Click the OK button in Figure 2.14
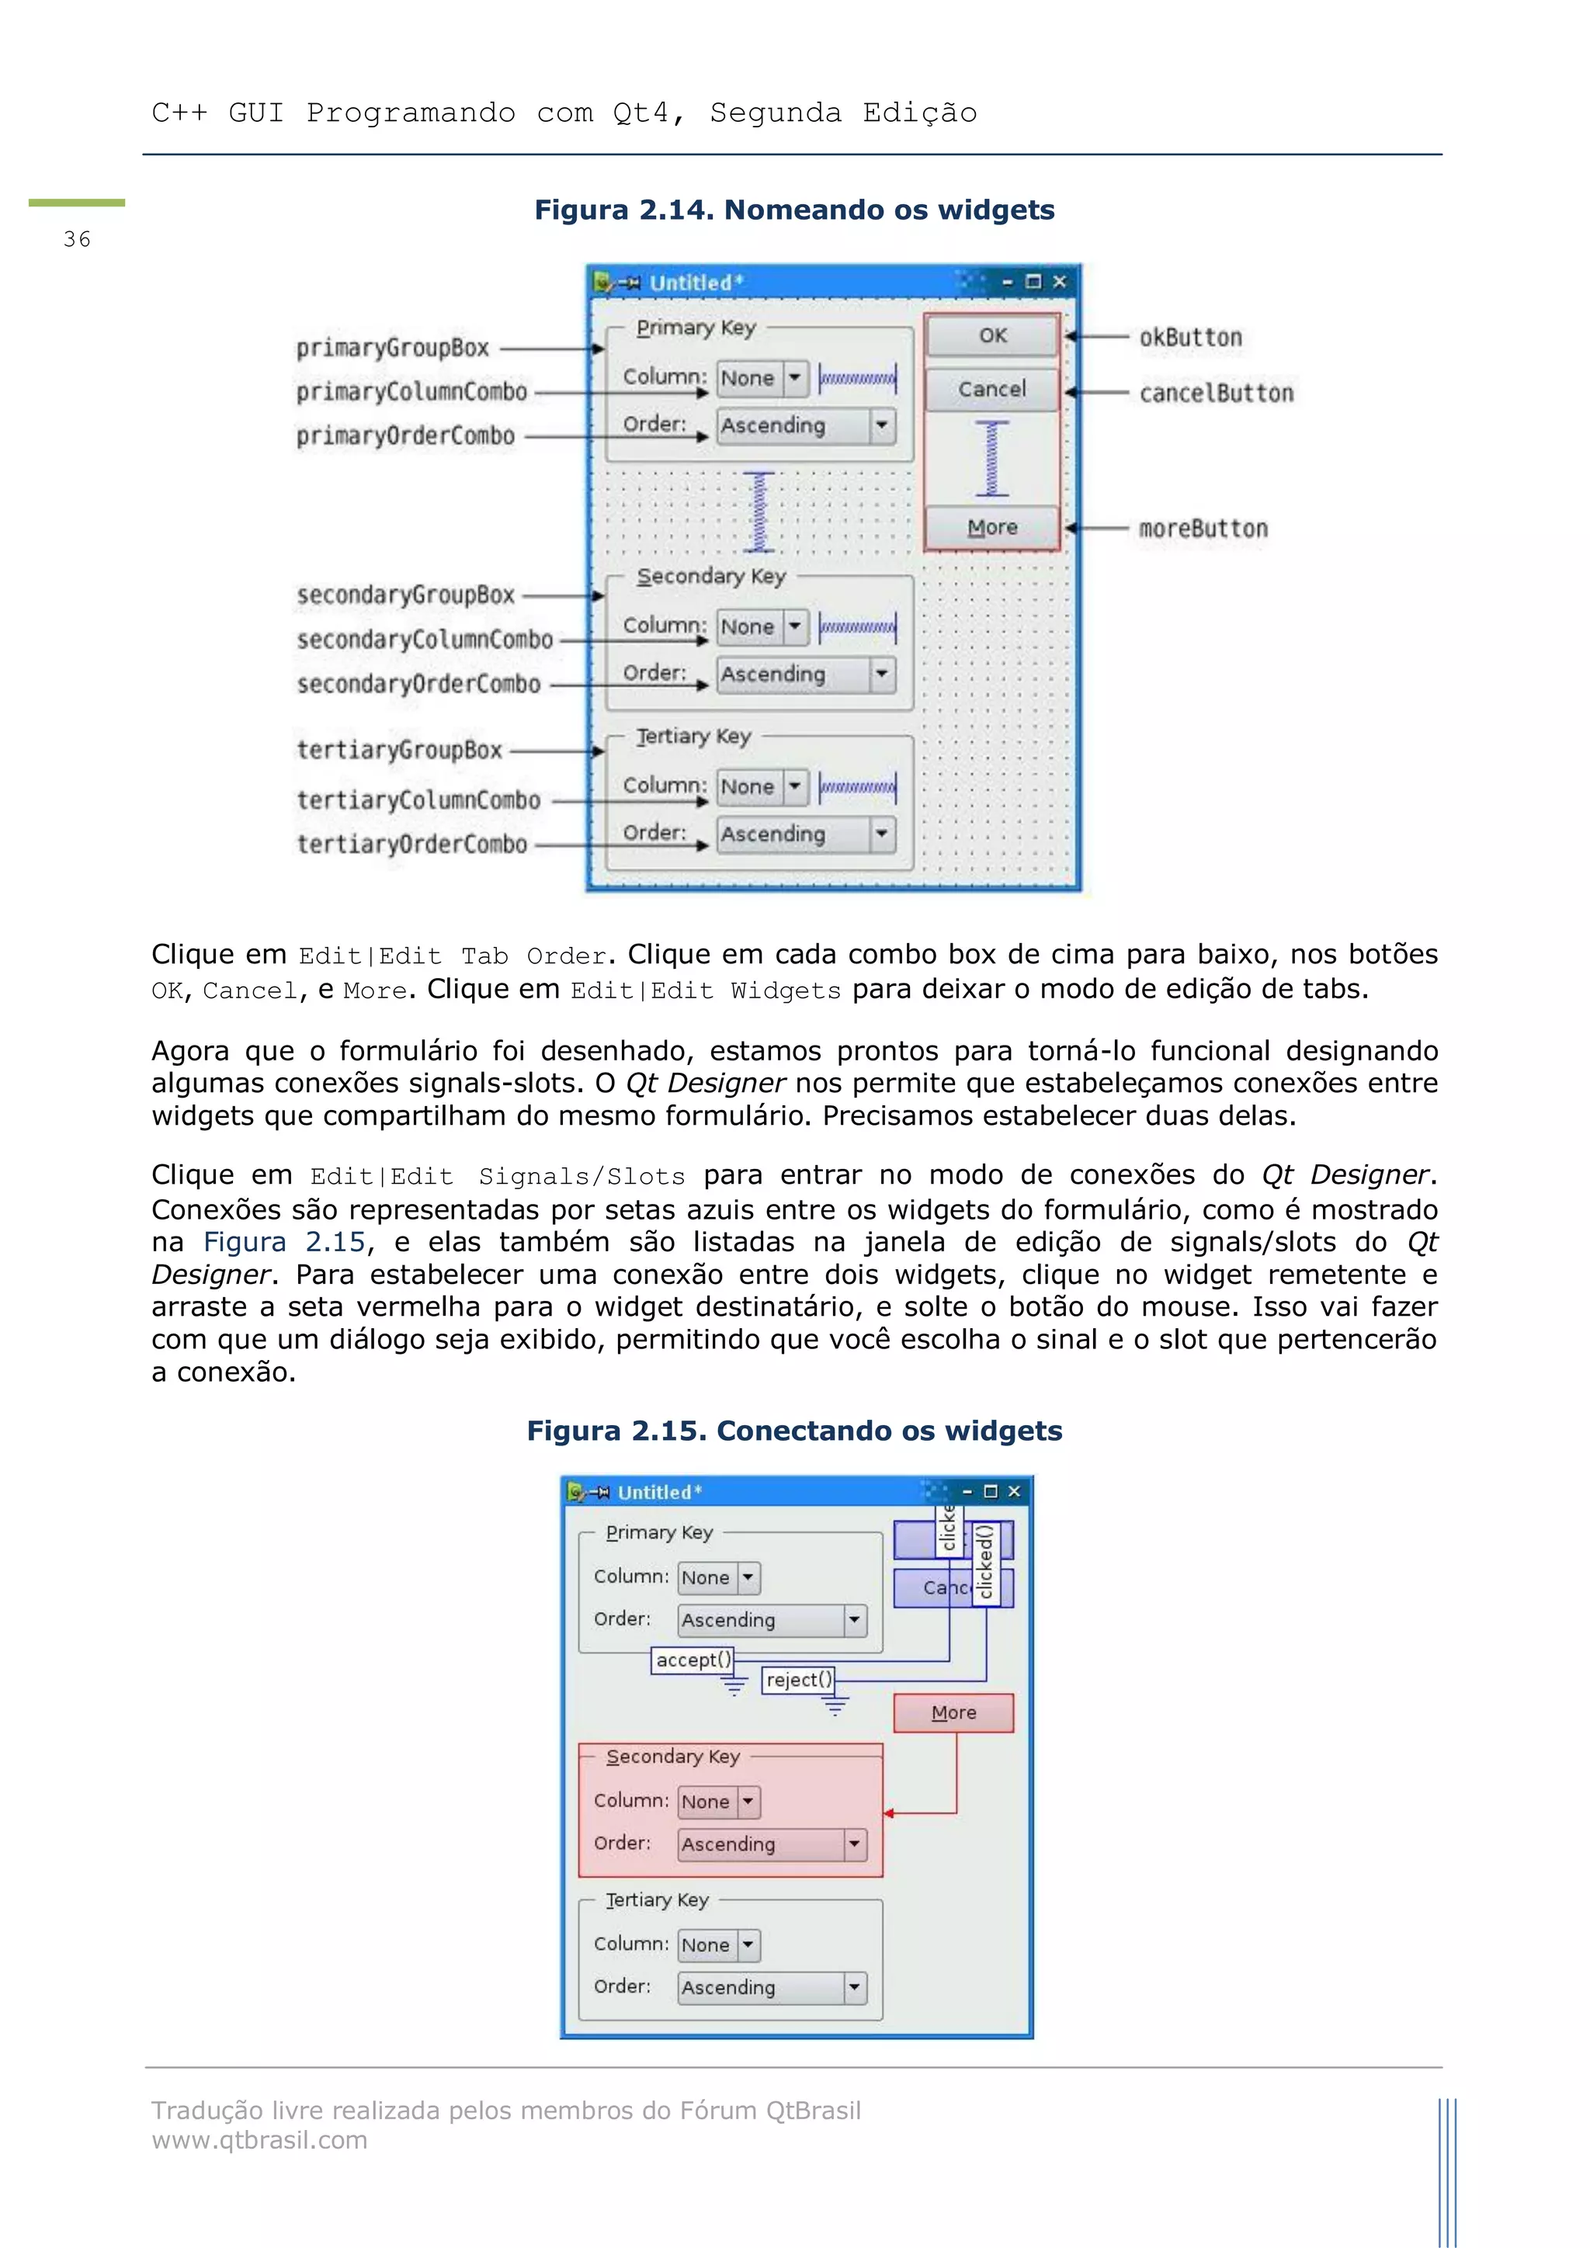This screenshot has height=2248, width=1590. coord(991,336)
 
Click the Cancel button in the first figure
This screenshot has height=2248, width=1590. coord(991,390)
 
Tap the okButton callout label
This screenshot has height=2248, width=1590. coord(1189,338)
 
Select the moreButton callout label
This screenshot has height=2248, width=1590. coord(1203,529)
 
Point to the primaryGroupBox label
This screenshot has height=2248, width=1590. coord(393,348)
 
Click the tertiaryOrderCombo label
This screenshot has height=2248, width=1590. coord(411,844)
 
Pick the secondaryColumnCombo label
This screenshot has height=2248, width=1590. coord(425,640)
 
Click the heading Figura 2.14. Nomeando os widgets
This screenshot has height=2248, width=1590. coord(794,210)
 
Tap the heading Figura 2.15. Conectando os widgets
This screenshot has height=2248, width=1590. coord(794,1431)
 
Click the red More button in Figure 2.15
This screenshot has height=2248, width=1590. coord(953,1712)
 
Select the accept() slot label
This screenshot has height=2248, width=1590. coord(693,1660)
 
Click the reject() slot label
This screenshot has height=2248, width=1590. coord(798,1680)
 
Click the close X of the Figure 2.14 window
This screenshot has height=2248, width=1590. coord(1059,282)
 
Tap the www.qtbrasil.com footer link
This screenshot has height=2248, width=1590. coord(259,2140)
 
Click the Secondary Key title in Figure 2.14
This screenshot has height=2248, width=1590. coord(711,576)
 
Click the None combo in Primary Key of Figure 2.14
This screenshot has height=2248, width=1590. coord(762,378)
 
